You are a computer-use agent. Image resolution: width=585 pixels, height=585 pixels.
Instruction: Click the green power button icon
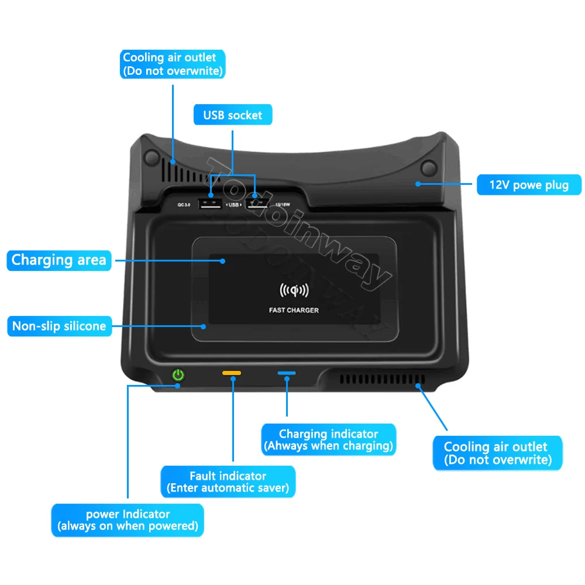pos(178,375)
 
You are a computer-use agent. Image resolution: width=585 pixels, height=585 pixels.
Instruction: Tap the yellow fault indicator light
pos(232,373)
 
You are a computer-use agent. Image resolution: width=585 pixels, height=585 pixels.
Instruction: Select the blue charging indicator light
pos(287,373)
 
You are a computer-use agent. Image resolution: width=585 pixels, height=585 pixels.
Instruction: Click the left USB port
pos(209,204)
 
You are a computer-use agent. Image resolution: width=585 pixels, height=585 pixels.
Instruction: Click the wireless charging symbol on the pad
pos(294,291)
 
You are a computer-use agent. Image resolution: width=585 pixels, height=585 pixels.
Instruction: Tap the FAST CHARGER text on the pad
pos(294,310)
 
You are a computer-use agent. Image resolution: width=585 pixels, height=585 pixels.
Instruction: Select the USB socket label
pos(233,115)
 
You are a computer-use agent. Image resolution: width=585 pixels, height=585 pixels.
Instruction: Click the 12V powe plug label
pos(529,185)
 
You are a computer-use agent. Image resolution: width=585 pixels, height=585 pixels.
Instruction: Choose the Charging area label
pos(58,260)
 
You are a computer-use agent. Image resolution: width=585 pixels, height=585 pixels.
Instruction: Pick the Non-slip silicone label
pos(59,326)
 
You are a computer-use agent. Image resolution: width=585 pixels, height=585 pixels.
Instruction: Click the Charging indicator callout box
pos(328,440)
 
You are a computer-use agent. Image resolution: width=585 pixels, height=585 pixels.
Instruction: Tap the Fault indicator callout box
pos(228,481)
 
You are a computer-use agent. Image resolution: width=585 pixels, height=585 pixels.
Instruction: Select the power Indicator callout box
pos(128,520)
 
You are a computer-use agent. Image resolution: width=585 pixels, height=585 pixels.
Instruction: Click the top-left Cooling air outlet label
pos(173,64)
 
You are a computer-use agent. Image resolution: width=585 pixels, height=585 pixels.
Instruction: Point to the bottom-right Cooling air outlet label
pos(497,453)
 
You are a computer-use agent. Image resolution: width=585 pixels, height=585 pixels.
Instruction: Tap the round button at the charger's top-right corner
pos(429,168)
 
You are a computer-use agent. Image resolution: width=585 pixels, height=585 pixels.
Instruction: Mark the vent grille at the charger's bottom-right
pos(380,381)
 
